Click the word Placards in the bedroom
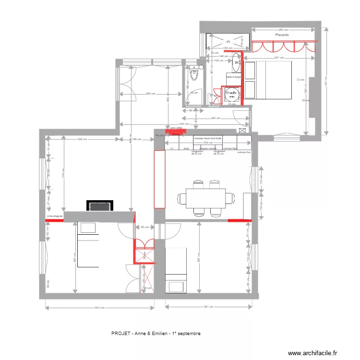point(282,35)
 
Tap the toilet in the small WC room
point(194,74)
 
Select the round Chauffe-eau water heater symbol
point(231,93)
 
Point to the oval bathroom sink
point(237,59)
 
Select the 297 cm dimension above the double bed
point(266,58)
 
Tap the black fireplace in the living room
point(100,206)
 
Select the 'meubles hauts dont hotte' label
point(207,138)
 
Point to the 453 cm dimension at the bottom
point(99,308)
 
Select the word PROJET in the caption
point(119,333)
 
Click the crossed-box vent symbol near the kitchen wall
point(243,130)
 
